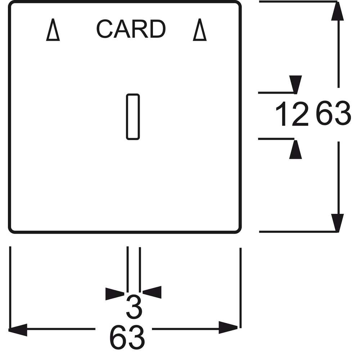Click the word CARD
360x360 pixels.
click(131, 29)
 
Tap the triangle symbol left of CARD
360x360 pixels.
click(53, 30)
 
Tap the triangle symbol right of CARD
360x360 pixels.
click(200, 30)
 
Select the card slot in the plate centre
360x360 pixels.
click(133, 117)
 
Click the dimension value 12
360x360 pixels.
click(292, 114)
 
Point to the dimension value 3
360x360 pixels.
click(134, 307)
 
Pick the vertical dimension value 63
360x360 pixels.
click(334, 113)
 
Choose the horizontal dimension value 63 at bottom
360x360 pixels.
click(127, 337)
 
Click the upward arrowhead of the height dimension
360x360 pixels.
click(337, 11)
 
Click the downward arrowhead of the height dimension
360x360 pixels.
click(337, 223)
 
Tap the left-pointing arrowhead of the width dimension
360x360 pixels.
click(18, 330)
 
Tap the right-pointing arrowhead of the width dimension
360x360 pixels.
click(228, 327)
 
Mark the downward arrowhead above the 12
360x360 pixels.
click(296, 85)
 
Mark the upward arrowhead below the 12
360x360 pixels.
click(296, 149)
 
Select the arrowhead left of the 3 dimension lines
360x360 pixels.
click(115, 294)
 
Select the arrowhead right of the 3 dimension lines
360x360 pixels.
click(152, 292)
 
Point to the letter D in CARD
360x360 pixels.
click(158, 29)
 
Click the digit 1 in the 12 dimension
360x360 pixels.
click(282, 114)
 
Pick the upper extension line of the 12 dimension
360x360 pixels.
click(276, 93)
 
